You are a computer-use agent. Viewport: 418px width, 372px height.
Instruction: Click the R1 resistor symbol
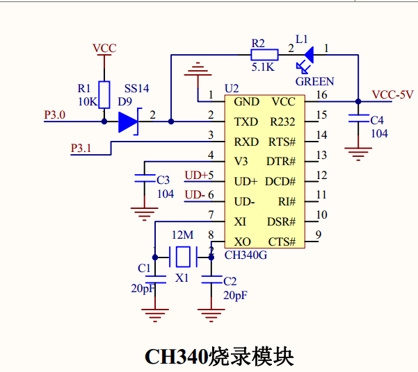pos(104,95)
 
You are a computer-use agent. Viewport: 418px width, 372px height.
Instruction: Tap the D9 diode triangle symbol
pos(129,121)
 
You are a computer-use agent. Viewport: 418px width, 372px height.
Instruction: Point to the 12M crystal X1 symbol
pos(183,257)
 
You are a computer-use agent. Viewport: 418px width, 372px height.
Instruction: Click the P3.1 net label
pos(82,148)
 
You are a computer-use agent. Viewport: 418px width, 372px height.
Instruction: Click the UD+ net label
pos(195,175)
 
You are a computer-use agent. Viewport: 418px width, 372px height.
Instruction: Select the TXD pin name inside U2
pos(246,121)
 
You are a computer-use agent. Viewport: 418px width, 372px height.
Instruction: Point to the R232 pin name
pos(282,121)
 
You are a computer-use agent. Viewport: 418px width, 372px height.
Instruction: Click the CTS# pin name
pos(282,242)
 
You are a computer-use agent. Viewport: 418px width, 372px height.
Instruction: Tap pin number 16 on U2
pos(321,95)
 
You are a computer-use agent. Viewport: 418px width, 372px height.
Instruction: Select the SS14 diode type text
pos(136,89)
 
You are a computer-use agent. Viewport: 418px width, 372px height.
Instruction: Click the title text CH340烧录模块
pos(219,356)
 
